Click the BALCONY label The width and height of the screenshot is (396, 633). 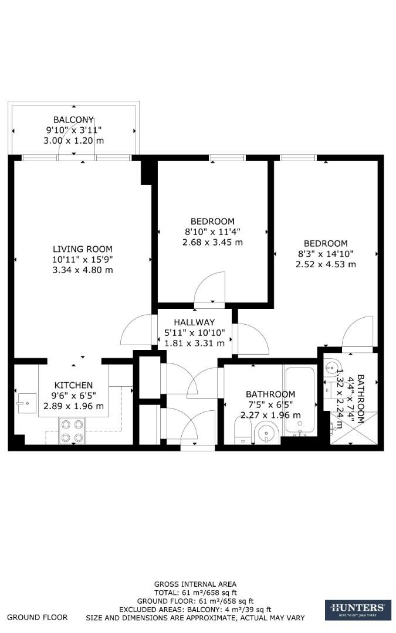(x=74, y=120)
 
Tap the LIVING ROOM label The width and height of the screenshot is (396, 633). (x=82, y=249)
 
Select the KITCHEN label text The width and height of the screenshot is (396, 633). (x=73, y=385)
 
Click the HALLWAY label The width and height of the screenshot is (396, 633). (x=194, y=322)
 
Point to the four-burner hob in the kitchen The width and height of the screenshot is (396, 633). (x=72, y=430)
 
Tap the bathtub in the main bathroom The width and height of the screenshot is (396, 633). (x=300, y=401)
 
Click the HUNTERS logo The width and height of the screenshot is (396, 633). (x=357, y=610)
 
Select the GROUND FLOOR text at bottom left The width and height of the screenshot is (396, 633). (x=37, y=617)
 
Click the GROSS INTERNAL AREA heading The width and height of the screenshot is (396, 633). (x=195, y=584)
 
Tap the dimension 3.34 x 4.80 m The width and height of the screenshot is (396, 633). (x=82, y=270)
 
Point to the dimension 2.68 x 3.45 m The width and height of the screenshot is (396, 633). (x=212, y=242)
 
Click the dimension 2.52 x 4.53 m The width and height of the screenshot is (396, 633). (x=326, y=264)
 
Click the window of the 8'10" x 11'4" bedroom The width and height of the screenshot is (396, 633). (x=227, y=157)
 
